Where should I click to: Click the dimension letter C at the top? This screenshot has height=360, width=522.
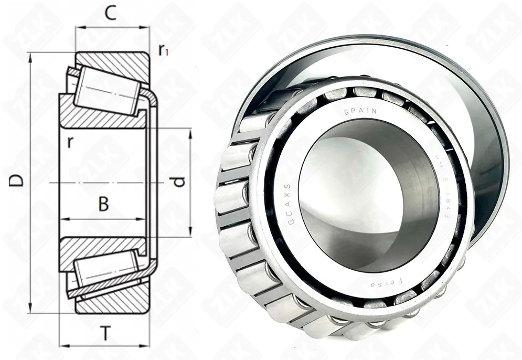pyautogui.click(x=109, y=13)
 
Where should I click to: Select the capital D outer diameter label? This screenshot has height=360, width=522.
pyautogui.click(x=17, y=181)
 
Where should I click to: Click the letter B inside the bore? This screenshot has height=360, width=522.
pyautogui.click(x=104, y=204)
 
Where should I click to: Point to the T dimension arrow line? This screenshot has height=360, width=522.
pyautogui.click(x=105, y=346)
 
